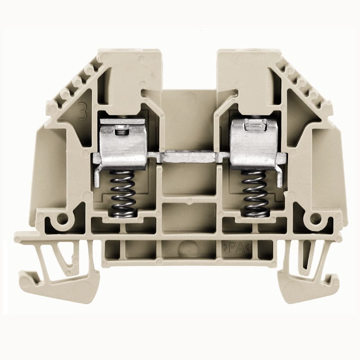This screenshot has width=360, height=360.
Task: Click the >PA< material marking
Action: click(x=234, y=247)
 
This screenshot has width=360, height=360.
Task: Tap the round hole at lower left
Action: click(x=62, y=220)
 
